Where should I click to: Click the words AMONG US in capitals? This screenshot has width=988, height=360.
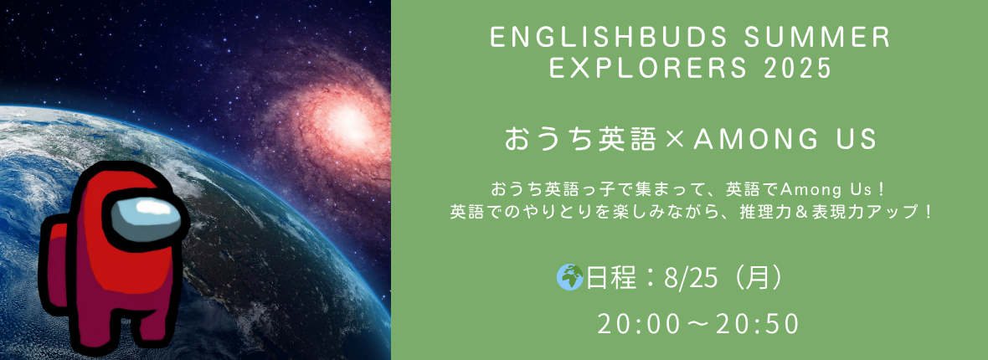[x=785, y=139]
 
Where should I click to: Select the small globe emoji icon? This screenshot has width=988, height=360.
[x=569, y=277]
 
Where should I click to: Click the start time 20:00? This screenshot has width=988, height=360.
[x=639, y=324]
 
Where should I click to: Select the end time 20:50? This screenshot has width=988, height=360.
[x=759, y=324]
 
